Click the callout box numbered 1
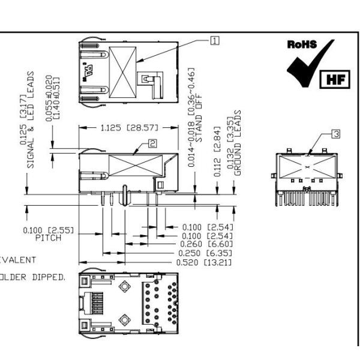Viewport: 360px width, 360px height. coord(214,41)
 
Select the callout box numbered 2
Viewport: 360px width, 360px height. coord(153,143)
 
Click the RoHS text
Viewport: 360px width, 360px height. coord(302,45)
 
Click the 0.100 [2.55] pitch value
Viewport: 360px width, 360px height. coord(44,230)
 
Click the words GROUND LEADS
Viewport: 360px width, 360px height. coord(238,143)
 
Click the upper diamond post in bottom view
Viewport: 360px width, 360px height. coord(124,287)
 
